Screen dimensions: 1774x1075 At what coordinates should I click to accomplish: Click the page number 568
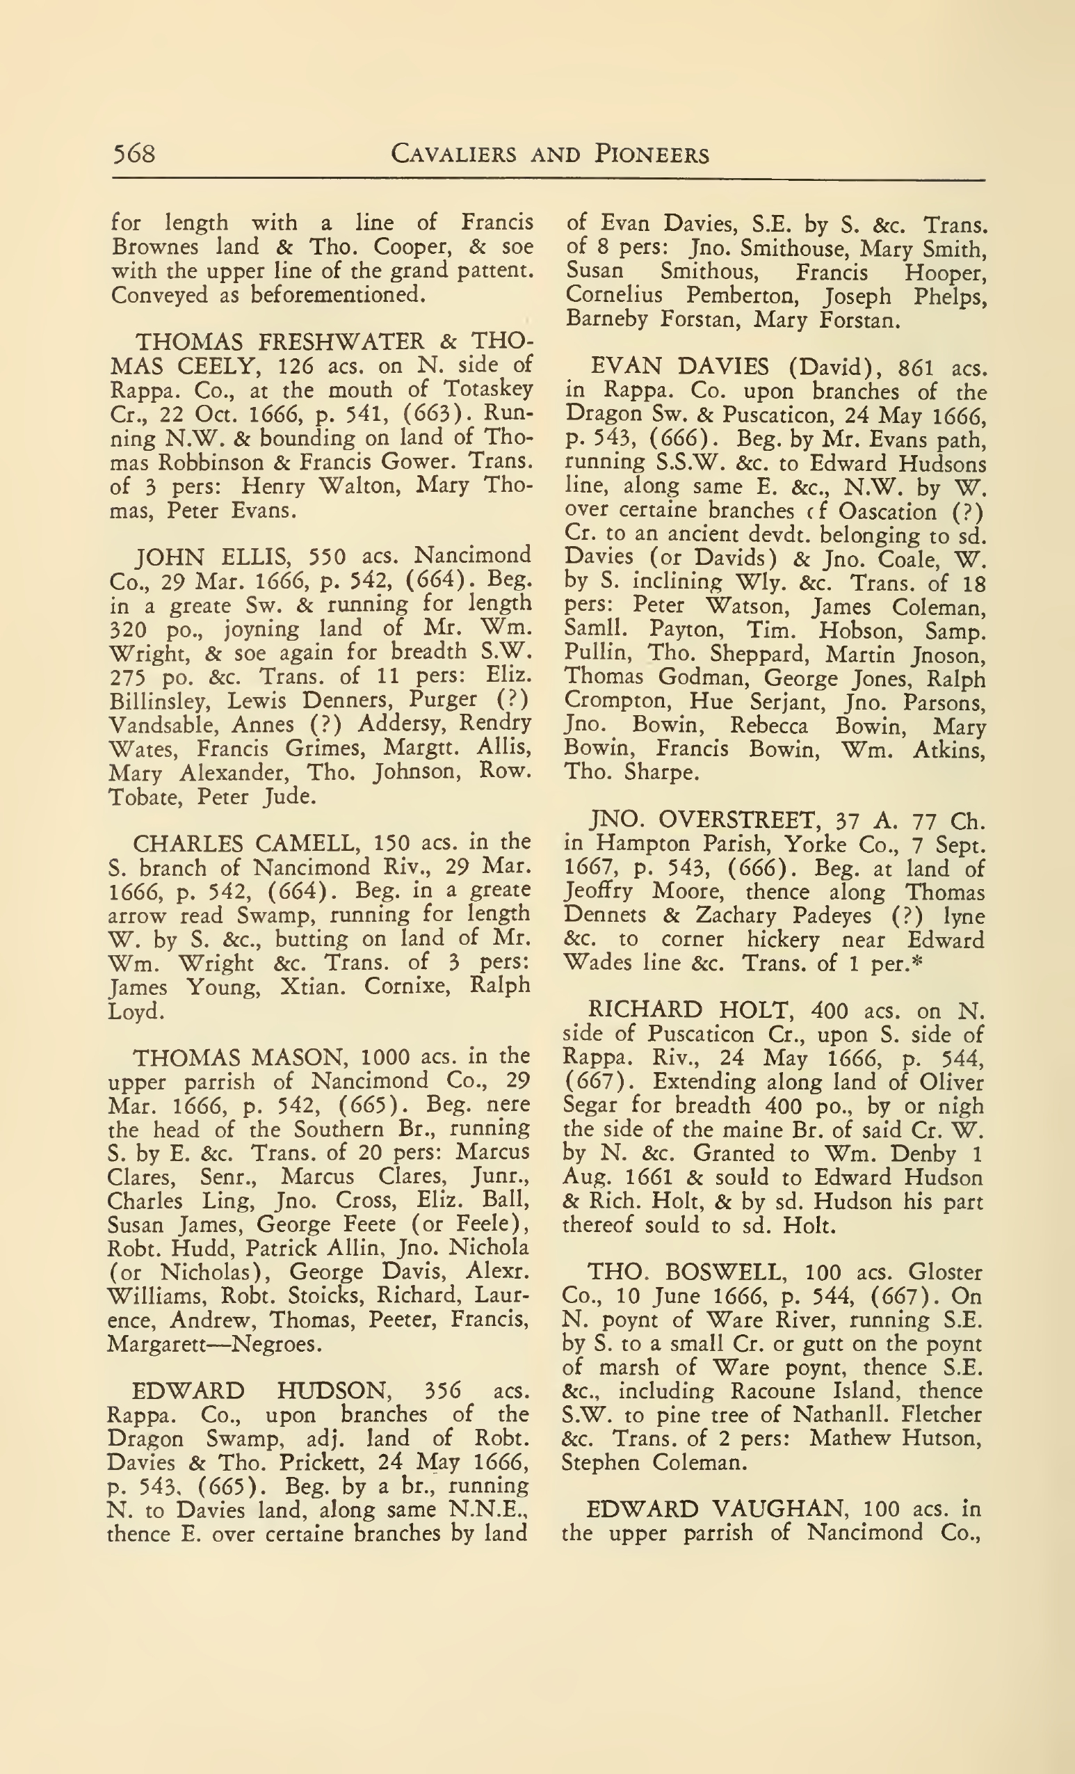134,154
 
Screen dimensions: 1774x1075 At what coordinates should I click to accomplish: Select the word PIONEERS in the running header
652,154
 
